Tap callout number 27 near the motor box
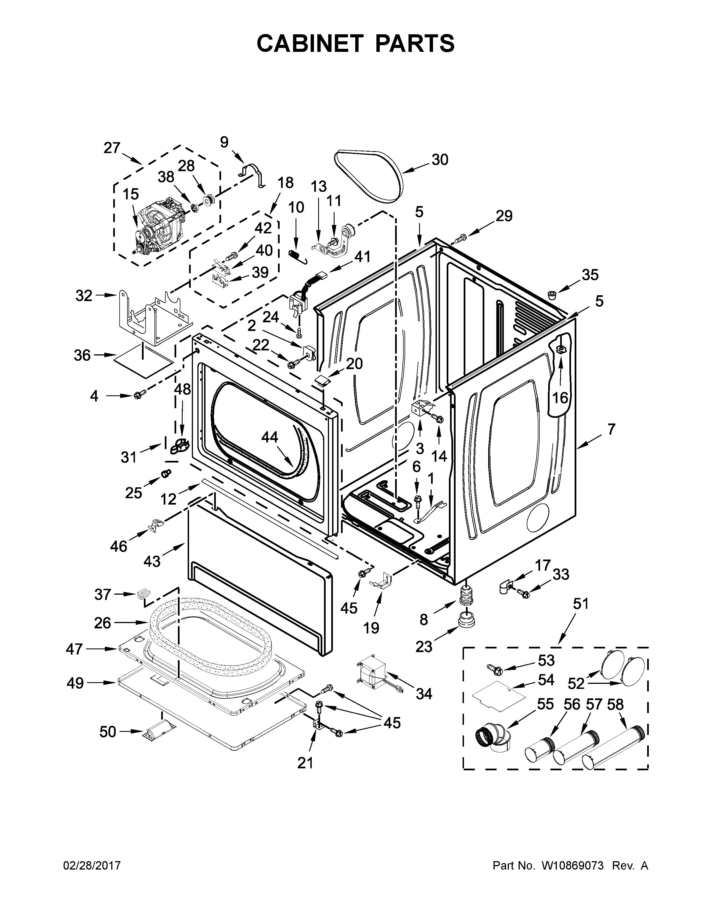pos(112,148)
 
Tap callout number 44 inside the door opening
pos(270,437)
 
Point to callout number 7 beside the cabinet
pos(611,429)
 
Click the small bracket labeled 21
pos(317,725)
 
